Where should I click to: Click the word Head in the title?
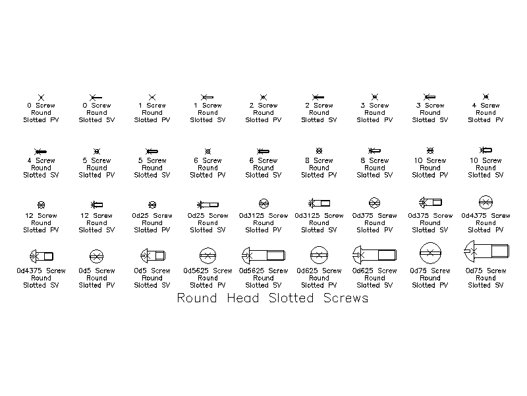[x=242, y=298]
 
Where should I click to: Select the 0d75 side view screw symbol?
[x=486, y=251]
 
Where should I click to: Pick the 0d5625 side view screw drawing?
[x=263, y=255]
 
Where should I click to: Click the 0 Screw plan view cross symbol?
[x=41, y=97]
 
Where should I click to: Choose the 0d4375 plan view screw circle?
[x=485, y=203]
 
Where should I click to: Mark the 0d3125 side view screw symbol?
[x=319, y=203]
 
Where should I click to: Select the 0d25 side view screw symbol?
[x=208, y=205]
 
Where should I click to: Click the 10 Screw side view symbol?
[x=485, y=150]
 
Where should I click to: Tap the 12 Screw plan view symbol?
[x=41, y=205]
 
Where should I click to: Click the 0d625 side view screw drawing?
[x=374, y=255]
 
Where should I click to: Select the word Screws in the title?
[x=346, y=298]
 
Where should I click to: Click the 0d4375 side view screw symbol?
[x=42, y=256]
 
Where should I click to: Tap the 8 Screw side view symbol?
[x=374, y=150]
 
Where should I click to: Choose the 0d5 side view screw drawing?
[x=153, y=255]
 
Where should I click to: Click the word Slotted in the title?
[x=291, y=298]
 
